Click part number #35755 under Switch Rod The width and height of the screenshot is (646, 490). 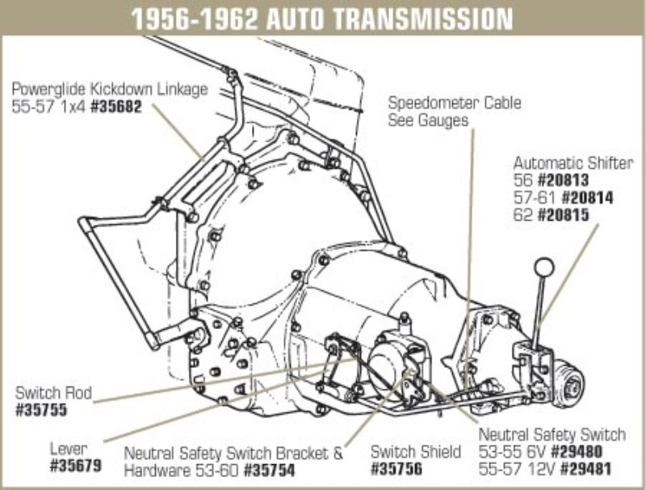point(41,410)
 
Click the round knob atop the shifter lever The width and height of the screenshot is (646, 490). point(545,266)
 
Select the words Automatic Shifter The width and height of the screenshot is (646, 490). point(573,162)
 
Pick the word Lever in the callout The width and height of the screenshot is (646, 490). point(68,448)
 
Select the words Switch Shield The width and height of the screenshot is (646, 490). point(415,451)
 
